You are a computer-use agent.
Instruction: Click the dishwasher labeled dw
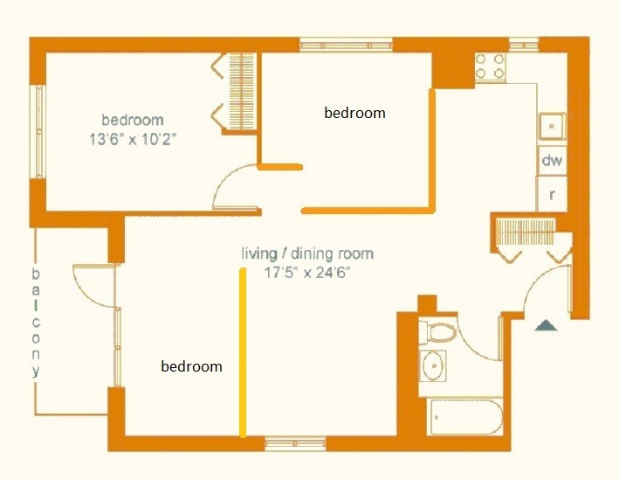[x=551, y=160]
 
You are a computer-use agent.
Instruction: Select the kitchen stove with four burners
[x=491, y=67]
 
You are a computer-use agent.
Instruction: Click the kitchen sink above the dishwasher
[x=551, y=128]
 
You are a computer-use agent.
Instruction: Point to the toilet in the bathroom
[x=439, y=333]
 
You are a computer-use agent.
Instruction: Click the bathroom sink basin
[x=432, y=366]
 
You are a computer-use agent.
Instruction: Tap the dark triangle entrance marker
[x=547, y=326]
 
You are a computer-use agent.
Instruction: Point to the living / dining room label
[x=307, y=254]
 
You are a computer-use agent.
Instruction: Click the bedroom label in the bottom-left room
[x=191, y=366]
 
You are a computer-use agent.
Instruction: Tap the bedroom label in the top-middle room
[x=354, y=113]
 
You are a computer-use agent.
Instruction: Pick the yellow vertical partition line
[x=243, y=352]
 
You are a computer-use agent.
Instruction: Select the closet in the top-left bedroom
[x=240, y=91]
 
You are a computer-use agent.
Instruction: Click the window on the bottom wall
[x=295, y=442]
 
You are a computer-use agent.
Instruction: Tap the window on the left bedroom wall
[x=38, y=130]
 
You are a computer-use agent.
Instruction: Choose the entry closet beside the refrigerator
[x=526, y=234]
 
